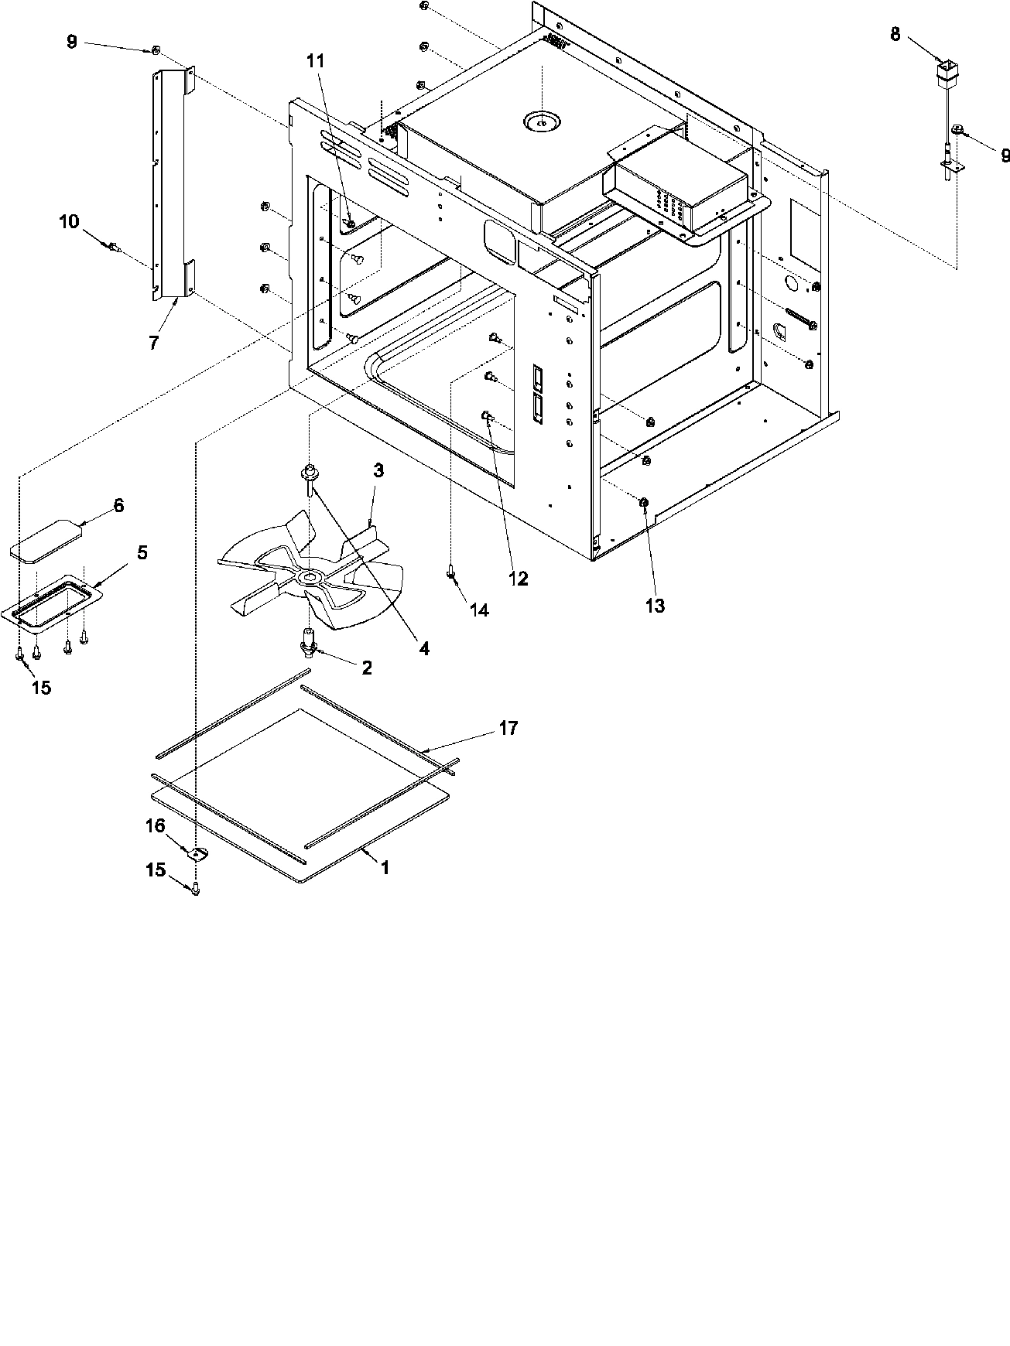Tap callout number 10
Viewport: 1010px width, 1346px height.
coord(69,222)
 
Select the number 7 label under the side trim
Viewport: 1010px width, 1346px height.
coord(154,343)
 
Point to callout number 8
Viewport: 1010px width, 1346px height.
coord(895,34)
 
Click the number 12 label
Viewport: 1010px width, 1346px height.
coord(518,578)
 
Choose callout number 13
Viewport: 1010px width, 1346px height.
coord(655,606)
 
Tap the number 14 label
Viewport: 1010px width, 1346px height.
coord(479,610)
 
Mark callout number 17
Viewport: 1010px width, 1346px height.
coord(508,728)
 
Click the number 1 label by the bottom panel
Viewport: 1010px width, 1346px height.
coord(384,867)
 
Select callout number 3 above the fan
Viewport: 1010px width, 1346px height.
coord(378,470)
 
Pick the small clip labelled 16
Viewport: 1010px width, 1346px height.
coord(198,853)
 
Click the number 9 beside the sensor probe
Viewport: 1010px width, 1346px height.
coord(1005,155)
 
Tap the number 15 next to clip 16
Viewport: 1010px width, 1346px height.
coord(156,870)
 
